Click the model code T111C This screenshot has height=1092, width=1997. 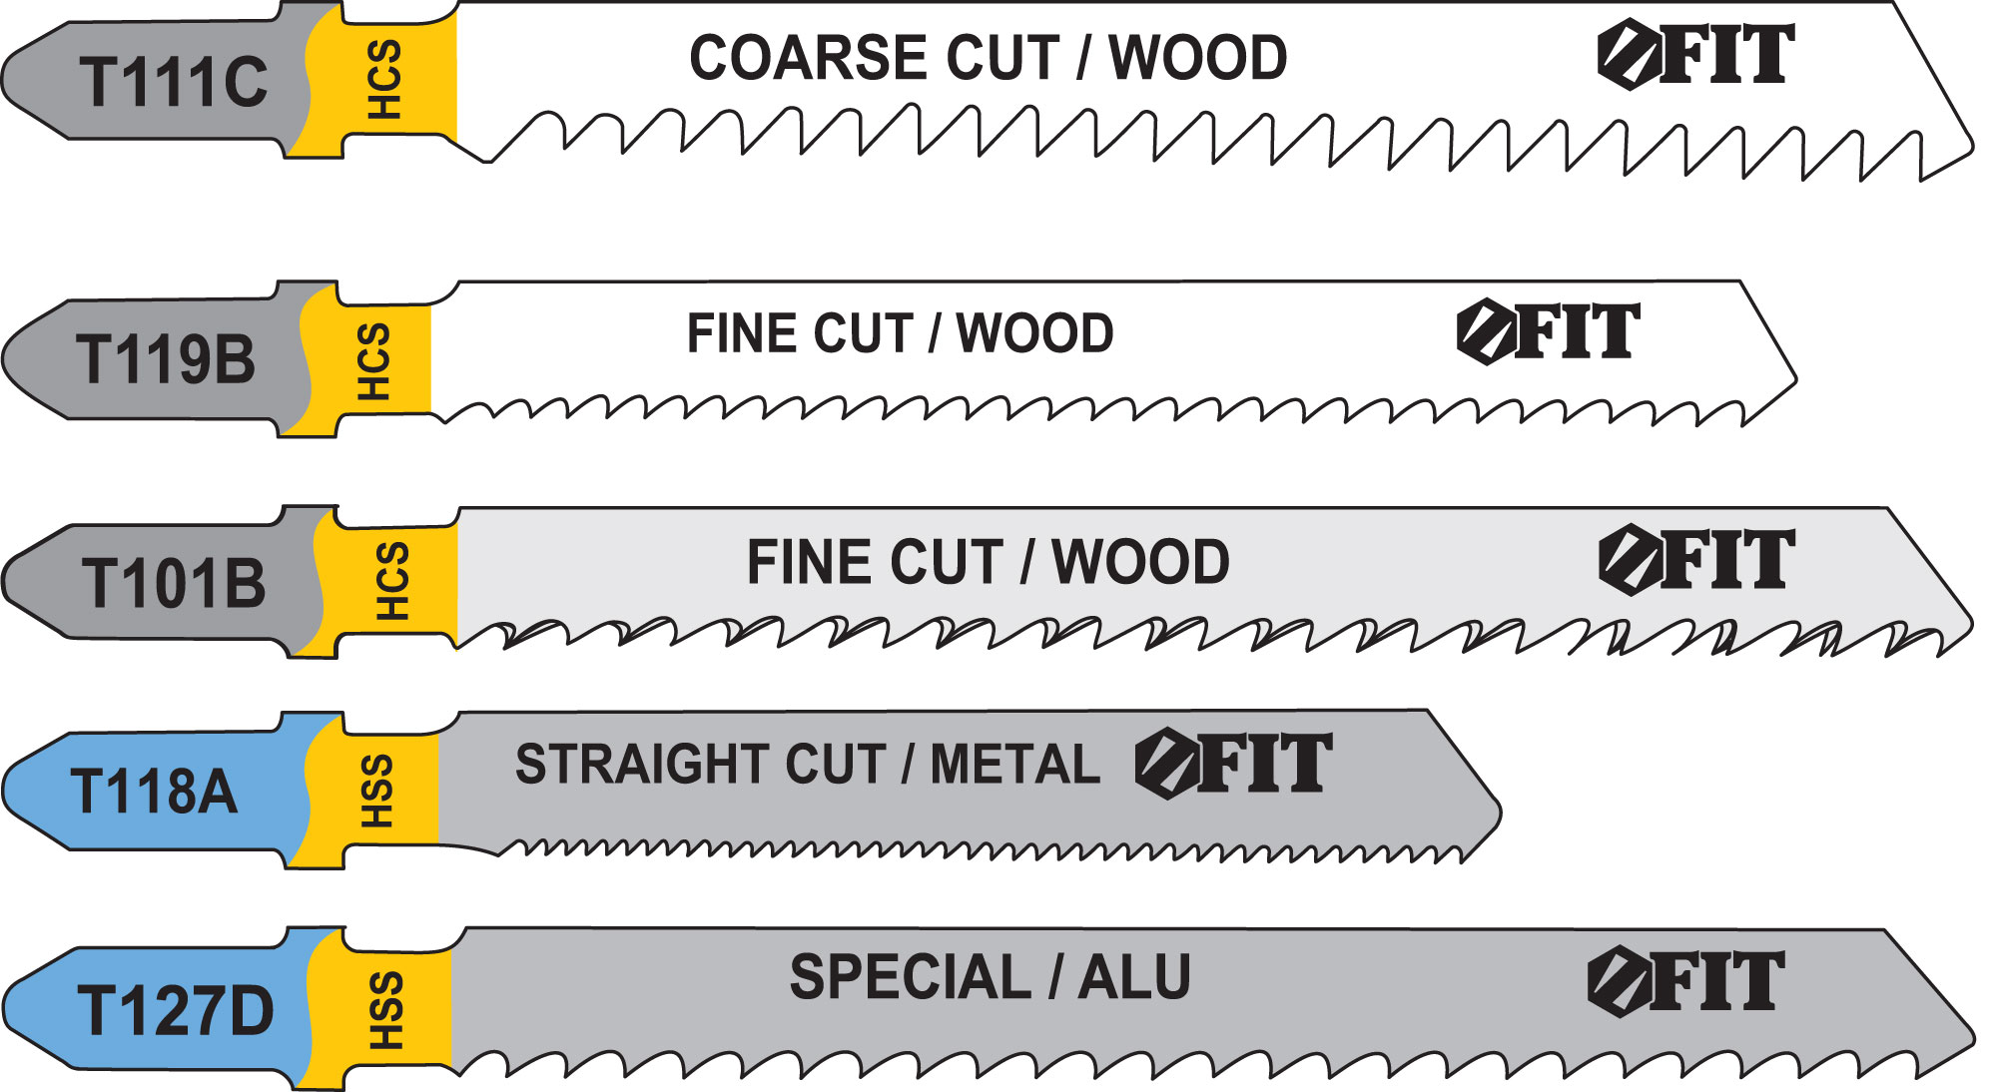pyautogui.click(x=174, y=81)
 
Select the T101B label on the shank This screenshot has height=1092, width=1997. pyautogui.click(x=174, y=583)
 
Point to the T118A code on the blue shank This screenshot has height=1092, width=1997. pyautogui.click(x=154, y=792)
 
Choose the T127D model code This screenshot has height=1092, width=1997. pyautogui.click(x=175, y=1010)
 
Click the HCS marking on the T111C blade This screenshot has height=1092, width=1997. pyautogui.click(x=384, y=80)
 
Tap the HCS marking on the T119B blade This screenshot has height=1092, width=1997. pyautogui.click(x=373, y=360)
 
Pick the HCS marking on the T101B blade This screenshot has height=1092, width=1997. pyautogui.click(x=391, y=581)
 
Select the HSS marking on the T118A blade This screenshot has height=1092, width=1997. pyautogui.click(x=376, y=791)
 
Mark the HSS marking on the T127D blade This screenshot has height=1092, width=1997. pyautogui.click(x=386, y=1010)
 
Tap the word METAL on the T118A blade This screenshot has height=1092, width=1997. pyautogui.click(x=1014, y=765)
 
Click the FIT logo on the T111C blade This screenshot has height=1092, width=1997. pyautogui.click(x=1695, y=54)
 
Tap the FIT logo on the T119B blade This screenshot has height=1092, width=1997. pyautogui.click(x=1548, y=331)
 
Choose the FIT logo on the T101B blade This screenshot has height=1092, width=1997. pyautogui.click(x=1695, y=559)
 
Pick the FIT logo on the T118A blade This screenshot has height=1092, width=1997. pyautogui.click(x=1233, y=764)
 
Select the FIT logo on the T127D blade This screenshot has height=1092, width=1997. pyautogui.click(x=1685, y=982)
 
